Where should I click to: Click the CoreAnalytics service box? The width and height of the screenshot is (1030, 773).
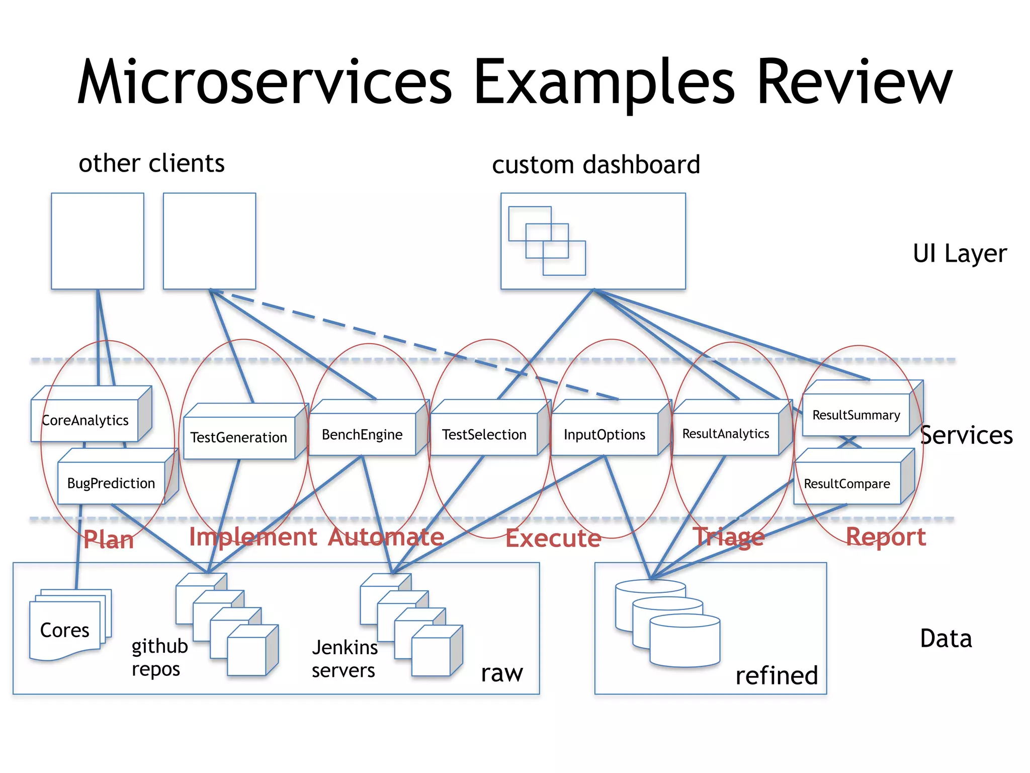click(x=85, y=420)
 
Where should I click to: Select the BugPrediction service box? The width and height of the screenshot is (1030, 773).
click(x=111, y=483)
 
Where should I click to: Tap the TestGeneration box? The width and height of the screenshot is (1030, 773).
click(x=239, y=437)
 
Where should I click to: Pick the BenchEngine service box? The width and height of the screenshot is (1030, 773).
click(x=362, y=434)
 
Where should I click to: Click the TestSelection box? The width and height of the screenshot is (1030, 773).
click(x=484, y=434)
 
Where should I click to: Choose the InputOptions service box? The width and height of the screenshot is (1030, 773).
click(x=604, y=434)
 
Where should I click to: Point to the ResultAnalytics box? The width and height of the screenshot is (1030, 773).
click(x=725, y=434)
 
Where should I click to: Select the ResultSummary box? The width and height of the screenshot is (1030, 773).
click(x=856, y=415)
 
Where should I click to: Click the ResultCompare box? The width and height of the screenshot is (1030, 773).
click(x=847, y=484)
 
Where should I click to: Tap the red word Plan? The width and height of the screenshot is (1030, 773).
click(x=109, y=540)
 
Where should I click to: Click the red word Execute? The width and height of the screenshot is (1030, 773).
click(x=553, y=538)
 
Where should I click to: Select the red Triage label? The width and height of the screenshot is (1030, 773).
click(x=729, y=537)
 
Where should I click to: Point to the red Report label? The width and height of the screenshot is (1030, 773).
click(x=886, y=537)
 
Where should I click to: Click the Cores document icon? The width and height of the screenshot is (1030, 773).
click(x=65, y=629)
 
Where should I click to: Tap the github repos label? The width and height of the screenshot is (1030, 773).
click(x=159, y=657)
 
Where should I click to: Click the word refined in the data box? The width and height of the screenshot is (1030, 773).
click(x=776, y=675)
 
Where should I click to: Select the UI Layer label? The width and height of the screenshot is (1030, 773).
click(x=960, y=253)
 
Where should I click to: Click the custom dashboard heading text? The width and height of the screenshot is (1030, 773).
click(x=596, y=165)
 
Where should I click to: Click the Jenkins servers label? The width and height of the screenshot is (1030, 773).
click(x=345, y=659)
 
